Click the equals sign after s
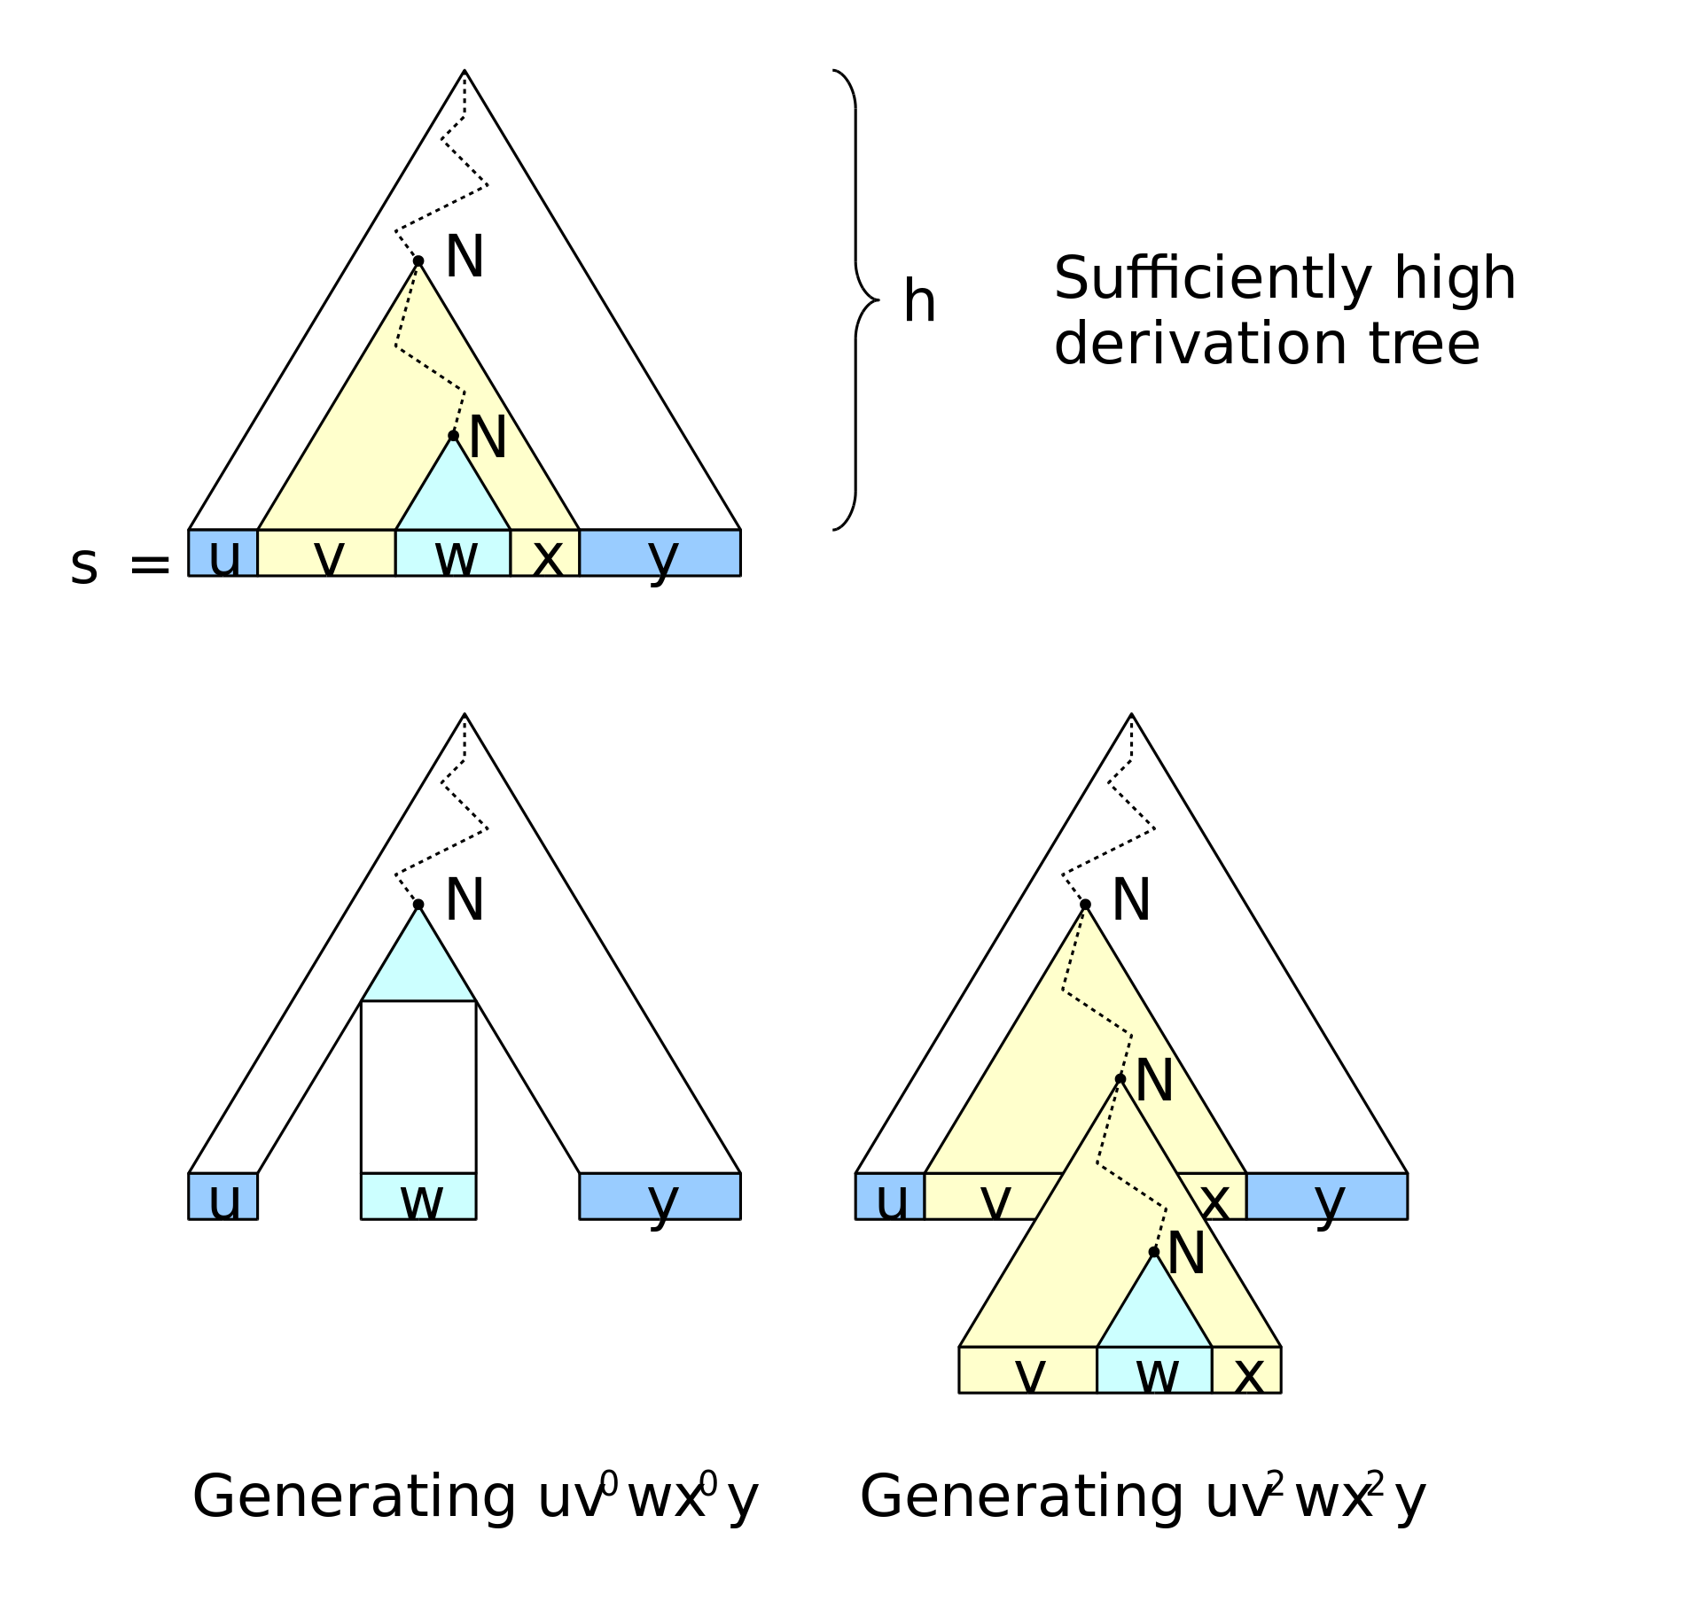tap(150, 565)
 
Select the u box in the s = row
tap(223, 553)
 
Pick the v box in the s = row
tap(326, 553)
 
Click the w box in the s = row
tap(453, 553)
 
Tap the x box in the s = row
tap(545, 553)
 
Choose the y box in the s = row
tap(660, 553)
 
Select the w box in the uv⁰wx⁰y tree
tap(418, 1197)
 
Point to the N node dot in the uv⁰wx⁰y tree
tap(418, 905)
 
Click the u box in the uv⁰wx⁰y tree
tap(223, 1197)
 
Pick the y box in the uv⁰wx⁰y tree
tap(660, 1197)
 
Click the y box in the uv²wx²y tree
tap(1327, 1197)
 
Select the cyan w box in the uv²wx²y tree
tap(1154, 1371)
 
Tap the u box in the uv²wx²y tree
tap(890, 1197)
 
